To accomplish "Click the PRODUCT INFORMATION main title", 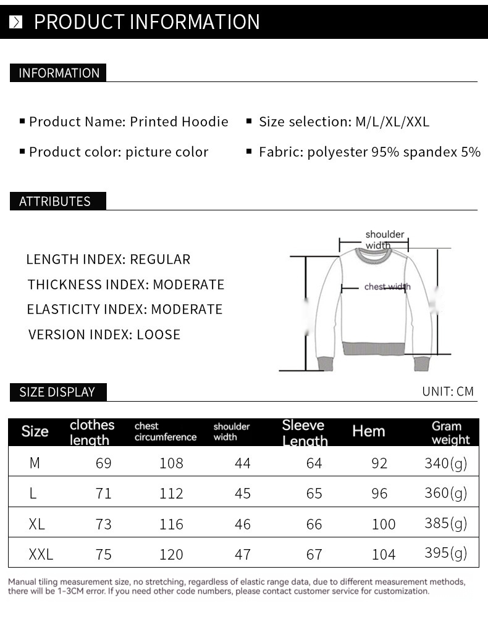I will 146,22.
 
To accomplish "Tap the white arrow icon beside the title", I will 16,22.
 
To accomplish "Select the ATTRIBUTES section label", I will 55,201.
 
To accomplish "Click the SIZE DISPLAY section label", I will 57,392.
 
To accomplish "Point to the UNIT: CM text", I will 448,391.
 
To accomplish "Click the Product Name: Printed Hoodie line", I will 128,122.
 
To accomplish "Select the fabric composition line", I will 369,152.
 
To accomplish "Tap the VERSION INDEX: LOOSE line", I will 104,334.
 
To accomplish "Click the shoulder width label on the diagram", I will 384,239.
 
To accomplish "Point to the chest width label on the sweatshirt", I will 387,286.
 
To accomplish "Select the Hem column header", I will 368,431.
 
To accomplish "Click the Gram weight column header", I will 450,433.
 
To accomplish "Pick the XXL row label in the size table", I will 41,554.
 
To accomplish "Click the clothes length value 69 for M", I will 104,463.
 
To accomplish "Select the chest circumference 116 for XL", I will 171,524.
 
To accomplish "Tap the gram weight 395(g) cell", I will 445,553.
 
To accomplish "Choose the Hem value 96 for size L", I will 379,493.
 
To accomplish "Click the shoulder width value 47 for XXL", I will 243,554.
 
